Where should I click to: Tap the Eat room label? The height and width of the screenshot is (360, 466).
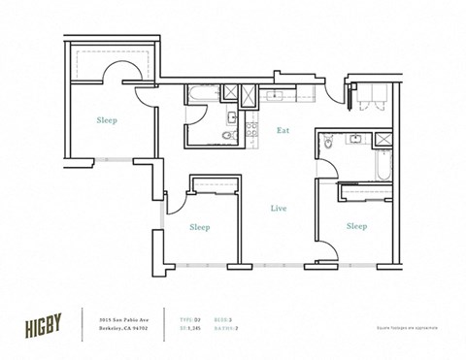point(283,129)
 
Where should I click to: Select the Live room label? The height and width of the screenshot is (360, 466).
point(279,207)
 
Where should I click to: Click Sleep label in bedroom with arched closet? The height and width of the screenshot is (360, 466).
point(108,121)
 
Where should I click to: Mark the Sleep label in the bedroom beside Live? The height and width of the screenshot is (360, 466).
point(199,226)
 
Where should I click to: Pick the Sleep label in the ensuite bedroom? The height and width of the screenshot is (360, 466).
point(356,226)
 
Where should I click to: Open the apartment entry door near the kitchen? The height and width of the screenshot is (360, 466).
point(338,97)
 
